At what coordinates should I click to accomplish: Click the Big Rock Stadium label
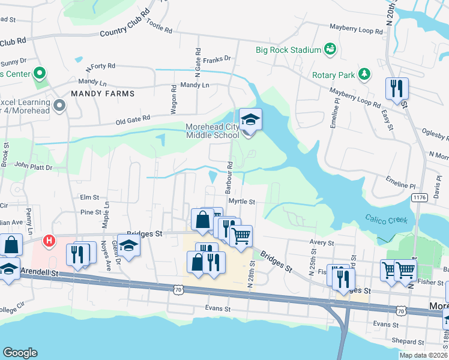pyautogui.click(x=288, y=50)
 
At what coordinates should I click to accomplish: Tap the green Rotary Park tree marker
pyautogui.click(x=364, y=74)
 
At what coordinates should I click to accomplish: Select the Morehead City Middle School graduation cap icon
pyautogui.click(x=250, y=118)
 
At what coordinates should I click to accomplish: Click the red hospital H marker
pyautogui.click(x=50, y=242)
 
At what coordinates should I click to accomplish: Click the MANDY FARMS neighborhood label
pyautogui.click(x=102, y=94)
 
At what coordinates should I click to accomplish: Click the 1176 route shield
pyautogui.click(x=418, y=197)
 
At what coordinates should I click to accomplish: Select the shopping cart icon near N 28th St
pyautogui.click(x=241, y=236)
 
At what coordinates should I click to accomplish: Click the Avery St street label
pyautogui.click(x=321, y=242)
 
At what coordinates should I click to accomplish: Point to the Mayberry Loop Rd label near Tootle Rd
pyautogui.click(x=356, y=29)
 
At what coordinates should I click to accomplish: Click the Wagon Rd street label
pyautogui.click(x=173, y=99)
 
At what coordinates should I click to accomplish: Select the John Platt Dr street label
pyautogui.click(x=33, y=165)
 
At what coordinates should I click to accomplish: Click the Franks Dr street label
pyautogui.click(x=217, y=59)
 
